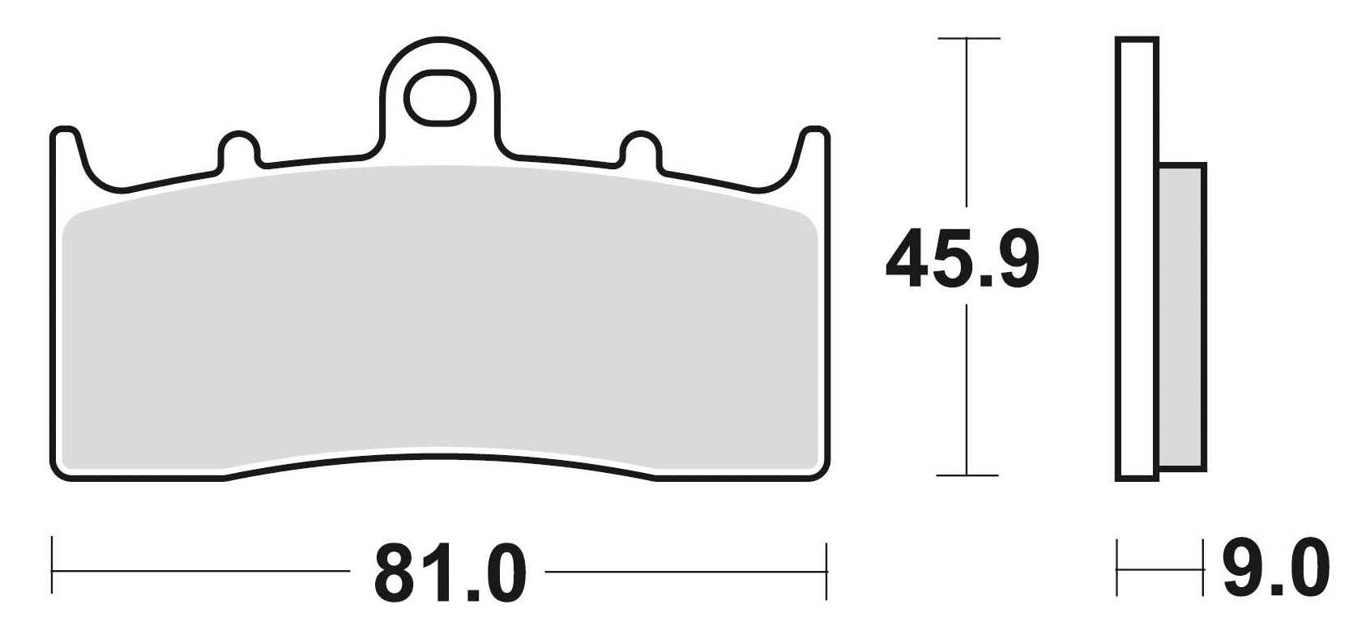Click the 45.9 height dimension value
pyautogui.click(x=962, y=258)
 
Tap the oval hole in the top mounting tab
pyautogui.click(x=439, y=97)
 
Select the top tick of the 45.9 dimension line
pyautogui.click(x=967, y=38)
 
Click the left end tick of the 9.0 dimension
pyautogui.click(x=1118, y=569)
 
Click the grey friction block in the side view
pyautogui.click(x=1181, y=316)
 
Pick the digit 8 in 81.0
pyautogui.click(x=399, y=573)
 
